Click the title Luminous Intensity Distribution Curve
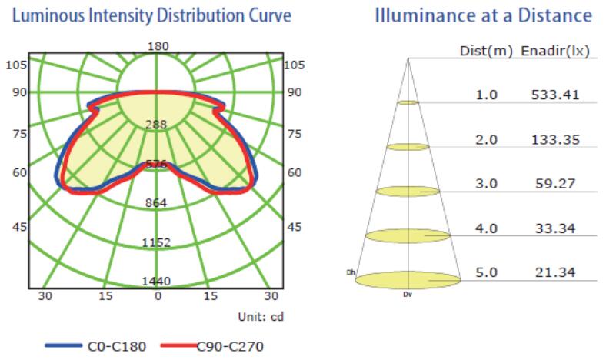tap(151, 16)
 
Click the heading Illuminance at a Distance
tap(484, 16)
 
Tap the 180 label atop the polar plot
tap(158, 46)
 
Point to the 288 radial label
tap(157, 125)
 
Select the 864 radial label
tap(157, 203)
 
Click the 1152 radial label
tap(157, 242)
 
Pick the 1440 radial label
tap(157, 281)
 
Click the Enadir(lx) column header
tap(555, 52)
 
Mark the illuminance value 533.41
tap(554, 95)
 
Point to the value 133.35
tap(554, 139)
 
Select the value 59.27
tap(554, 185)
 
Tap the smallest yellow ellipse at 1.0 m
tap(408, 102)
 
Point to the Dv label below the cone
tap(408, 293)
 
